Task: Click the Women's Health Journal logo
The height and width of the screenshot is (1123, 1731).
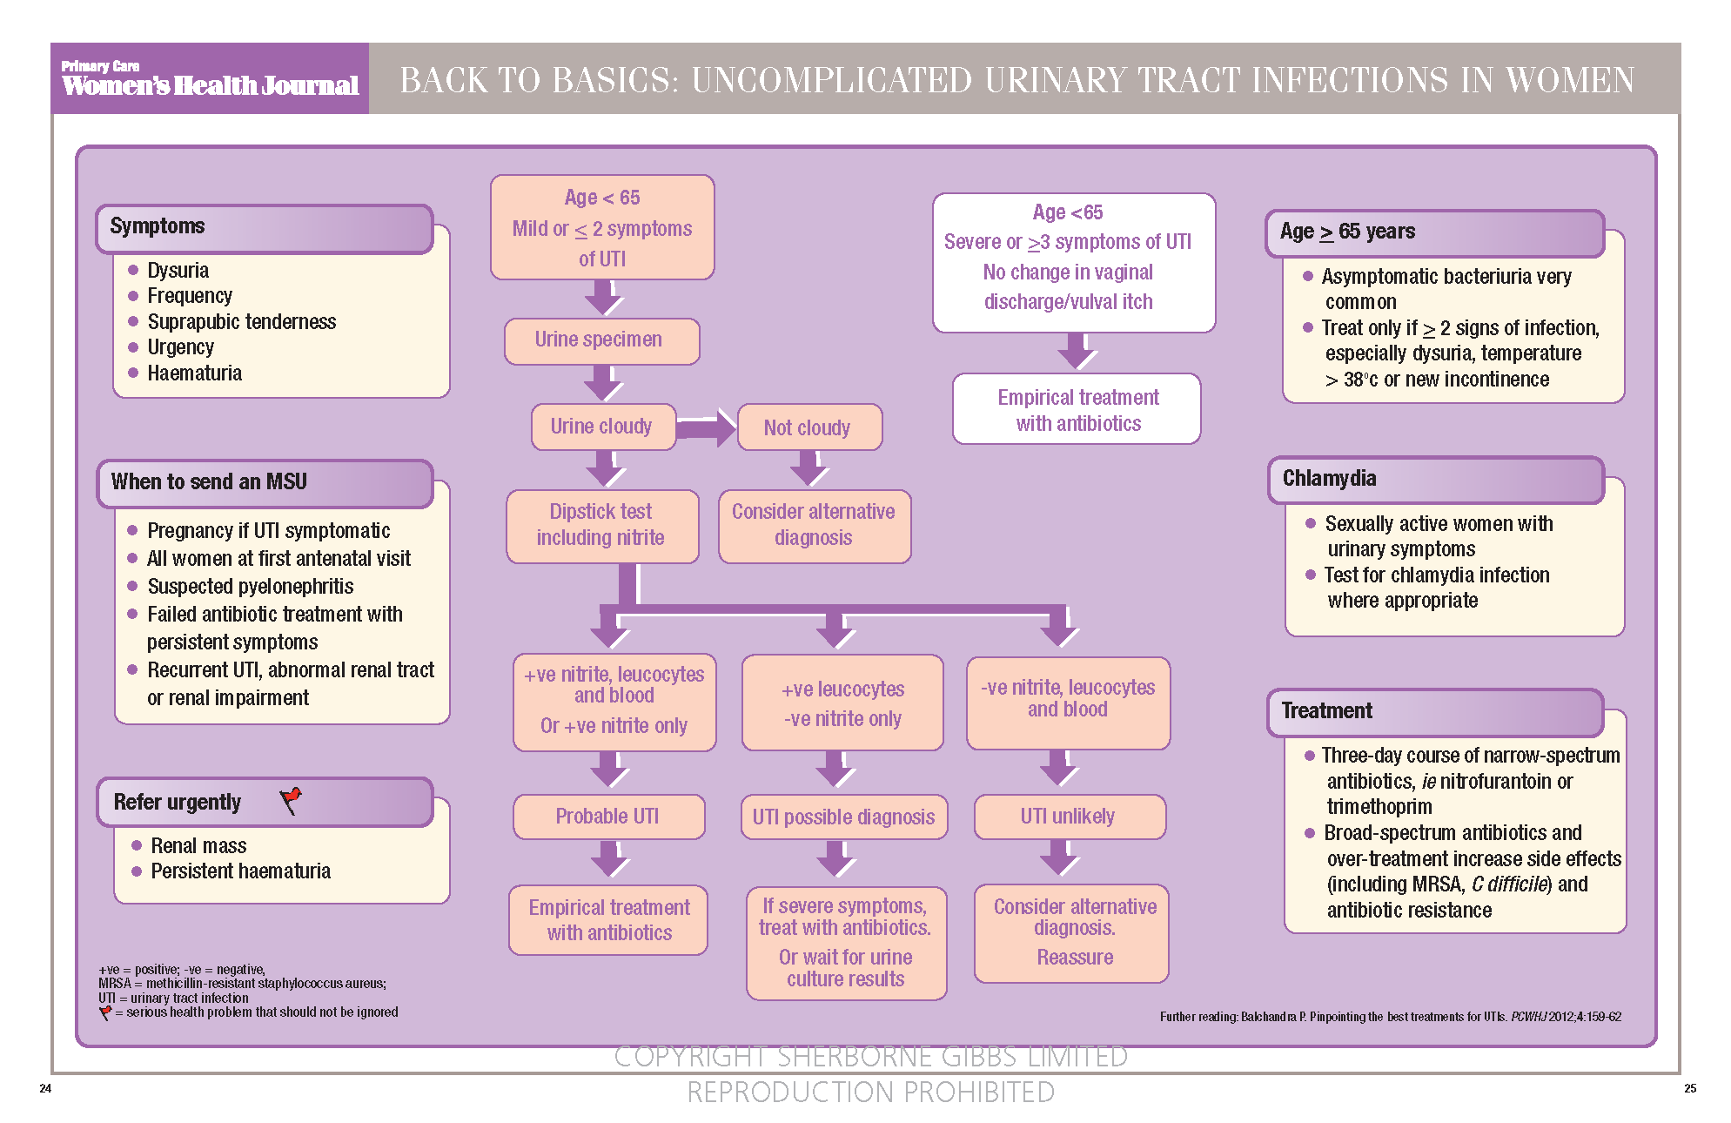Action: pyautogui.click(x=209, y=79)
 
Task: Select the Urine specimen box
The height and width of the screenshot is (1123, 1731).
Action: pyautogui.click(x=600, y=340)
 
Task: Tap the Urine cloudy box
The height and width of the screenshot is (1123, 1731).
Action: pyautogui.click(x=602, y=427)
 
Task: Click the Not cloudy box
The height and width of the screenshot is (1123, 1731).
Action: pyautogui.click(x=808, y=427)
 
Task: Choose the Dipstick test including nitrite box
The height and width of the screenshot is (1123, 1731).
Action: pyautogui.click(x=601, y=525)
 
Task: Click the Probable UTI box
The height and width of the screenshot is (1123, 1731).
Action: pyautogui.click(x=607, y=817)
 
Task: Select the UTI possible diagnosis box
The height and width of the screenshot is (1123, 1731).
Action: pyautogui.click(x=843, y=817)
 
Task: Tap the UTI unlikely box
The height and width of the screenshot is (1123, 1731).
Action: pyautogui.click(x=1068, y=817)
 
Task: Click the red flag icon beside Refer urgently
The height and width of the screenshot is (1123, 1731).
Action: pyautogui.click(x=291, y=800)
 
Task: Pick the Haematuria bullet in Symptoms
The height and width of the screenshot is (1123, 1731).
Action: pyautogui.click(x=194, y=373)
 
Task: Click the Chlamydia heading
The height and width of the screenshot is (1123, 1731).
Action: pyautogui.click(x=1329, y=479)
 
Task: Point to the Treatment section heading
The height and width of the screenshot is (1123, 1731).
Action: pyautogui.click(x=1326, y=711)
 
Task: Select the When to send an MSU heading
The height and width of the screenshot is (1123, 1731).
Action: pyautogui.click(x=209, y=482)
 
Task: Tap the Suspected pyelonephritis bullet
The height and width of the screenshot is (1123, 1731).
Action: pyautogui.click(x=250, y=587)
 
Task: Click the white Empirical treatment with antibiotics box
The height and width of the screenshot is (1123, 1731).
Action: pyautogui.click(x=1077, y=410)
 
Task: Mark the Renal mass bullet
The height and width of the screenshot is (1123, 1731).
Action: pyautogui.click(x=198, y=846)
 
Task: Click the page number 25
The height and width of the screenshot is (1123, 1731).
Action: pyautogui.click(x=1689, y=1088)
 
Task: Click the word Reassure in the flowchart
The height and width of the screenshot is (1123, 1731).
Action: pyautogui.click(x=1075, y=958)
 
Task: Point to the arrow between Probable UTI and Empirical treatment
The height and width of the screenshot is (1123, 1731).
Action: pyautogui.click(x=609, y=859)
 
